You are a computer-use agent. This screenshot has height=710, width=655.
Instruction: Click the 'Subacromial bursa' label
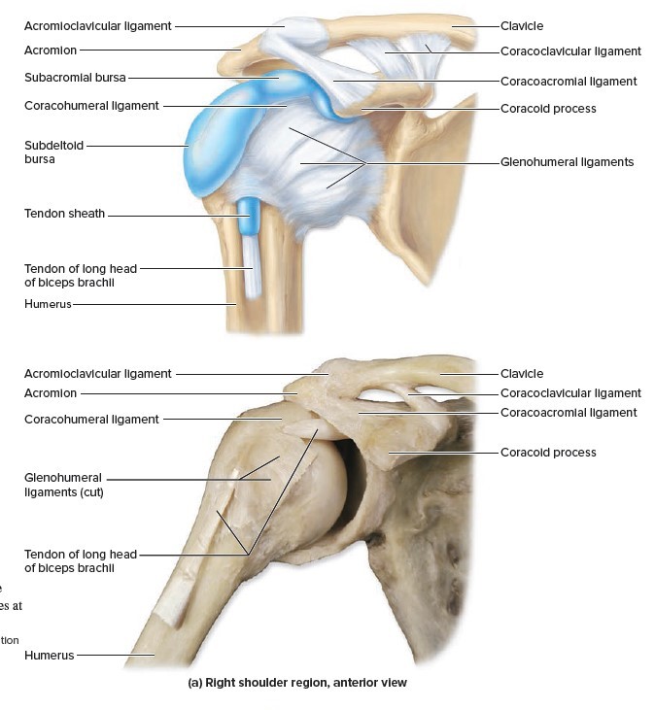click(75, 77)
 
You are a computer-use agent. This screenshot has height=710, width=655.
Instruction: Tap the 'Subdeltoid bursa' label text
click(54, 152)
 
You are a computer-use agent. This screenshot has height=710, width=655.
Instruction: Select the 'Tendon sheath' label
click(64, 215)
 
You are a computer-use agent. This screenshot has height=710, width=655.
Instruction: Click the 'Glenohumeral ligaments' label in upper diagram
click(567, 162)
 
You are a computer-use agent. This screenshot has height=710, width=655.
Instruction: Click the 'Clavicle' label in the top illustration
click(522, 24)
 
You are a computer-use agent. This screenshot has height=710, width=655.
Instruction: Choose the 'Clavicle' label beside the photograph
click(522, 374)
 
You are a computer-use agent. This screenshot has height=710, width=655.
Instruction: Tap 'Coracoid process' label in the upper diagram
click(548, 109)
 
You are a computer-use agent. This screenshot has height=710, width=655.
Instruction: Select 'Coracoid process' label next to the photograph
click(548, 453)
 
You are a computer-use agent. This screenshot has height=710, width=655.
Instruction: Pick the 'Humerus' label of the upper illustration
click(49, 305)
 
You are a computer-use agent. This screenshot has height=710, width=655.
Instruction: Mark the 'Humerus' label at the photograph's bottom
click(49, 656)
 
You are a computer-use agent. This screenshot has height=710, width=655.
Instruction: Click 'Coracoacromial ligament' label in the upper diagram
click(569, 82)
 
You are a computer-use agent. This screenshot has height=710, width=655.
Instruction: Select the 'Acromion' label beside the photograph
click(50, 393)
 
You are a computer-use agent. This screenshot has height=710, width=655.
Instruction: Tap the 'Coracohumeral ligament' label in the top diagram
click(91, 105)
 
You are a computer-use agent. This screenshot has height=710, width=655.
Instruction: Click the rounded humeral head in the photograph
click(316, 486)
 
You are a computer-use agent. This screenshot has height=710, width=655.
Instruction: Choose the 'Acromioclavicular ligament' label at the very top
click(97, 24)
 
